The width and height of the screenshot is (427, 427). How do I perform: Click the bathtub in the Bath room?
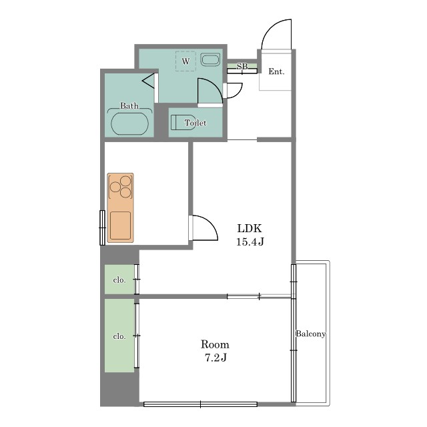(129, 123)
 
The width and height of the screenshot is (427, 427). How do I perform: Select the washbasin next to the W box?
(210, 59)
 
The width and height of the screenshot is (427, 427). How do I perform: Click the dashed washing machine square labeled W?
(185, 61)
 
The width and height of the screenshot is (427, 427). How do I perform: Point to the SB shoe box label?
(242, 66)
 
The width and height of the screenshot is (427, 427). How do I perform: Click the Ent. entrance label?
(276, 71)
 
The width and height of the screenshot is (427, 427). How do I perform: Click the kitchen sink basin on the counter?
(120, 226)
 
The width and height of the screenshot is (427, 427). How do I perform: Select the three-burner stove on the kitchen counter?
(120, 187)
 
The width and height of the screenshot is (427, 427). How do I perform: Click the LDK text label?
(250, 228)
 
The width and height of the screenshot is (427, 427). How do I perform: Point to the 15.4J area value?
(250, 242)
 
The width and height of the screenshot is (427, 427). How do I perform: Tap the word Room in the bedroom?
(215, 344)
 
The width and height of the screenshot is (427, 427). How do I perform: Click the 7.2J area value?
(216, 358)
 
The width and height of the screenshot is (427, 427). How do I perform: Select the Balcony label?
(311, 334)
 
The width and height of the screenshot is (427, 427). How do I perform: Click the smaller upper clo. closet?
(119, 280)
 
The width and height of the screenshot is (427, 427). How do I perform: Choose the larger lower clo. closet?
(119, 336)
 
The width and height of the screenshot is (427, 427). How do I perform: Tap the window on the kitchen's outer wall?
(102, 228)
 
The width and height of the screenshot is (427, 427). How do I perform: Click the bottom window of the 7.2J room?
(200, 404)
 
